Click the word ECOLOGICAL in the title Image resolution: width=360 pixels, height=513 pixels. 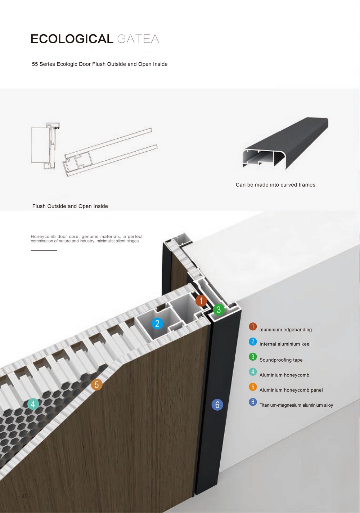(x=72, y=39)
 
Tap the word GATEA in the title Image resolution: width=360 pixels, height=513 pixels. (x=138, y=39)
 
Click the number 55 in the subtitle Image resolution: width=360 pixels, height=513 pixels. (x=35, y=64)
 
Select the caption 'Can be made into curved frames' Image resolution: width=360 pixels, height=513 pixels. (x=275, y=185)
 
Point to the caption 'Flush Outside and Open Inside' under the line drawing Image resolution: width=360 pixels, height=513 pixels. (x=70, y=206)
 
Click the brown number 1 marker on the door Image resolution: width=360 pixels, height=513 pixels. (x=201, y=301)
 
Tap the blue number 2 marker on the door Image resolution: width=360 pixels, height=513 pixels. (x=157, y=324)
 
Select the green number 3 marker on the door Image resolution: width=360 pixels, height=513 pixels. (x=219, y=309)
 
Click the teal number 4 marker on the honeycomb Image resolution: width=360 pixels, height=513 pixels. (x=33, y=404)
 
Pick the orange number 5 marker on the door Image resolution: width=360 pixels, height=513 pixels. (x=96, y=384)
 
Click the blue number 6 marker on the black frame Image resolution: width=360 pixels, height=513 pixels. (x=217, y=405)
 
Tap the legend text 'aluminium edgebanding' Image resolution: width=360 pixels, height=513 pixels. (x=285, y=330)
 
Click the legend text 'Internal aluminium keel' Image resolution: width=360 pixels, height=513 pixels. (x=285, y=344)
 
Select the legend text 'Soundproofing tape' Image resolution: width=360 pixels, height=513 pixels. (x=281, y=360)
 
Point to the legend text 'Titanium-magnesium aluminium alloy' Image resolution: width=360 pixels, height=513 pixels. (x=296, y=405)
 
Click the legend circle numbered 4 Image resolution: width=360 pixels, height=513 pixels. (x=253, y=372)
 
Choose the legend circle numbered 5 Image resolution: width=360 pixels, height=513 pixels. (x=253, y=387)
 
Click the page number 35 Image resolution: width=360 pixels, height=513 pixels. (x=24, y=496)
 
